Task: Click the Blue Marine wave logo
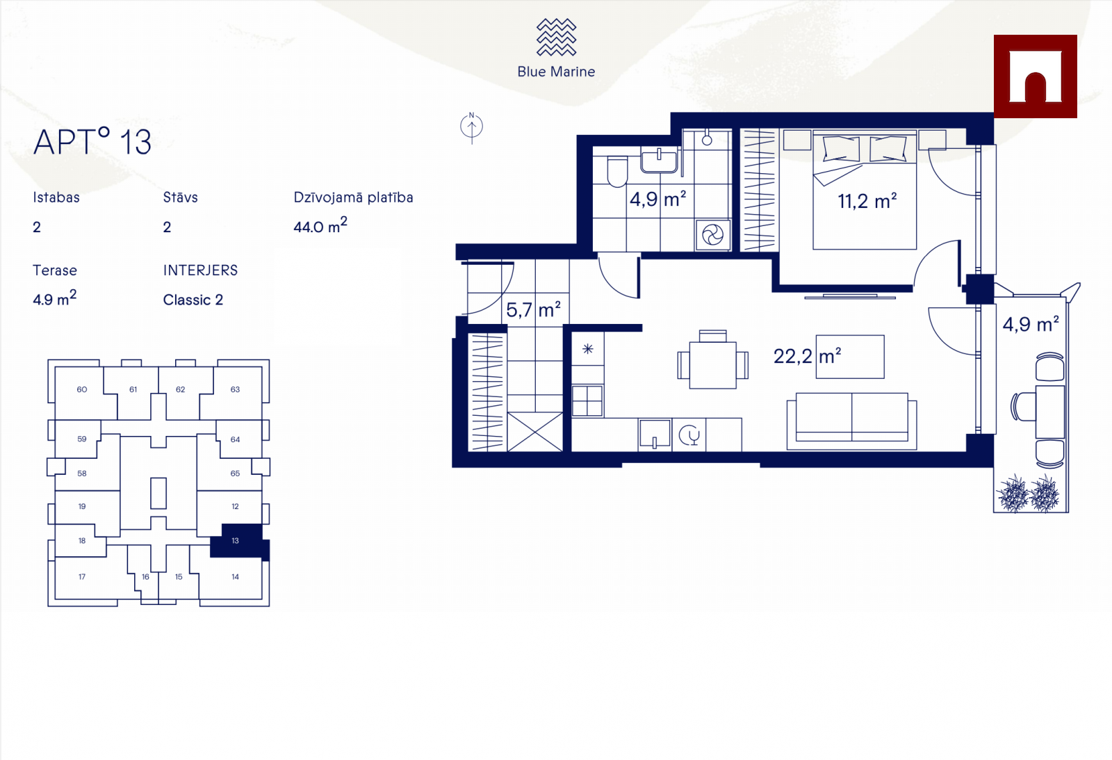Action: (x=556, y=37)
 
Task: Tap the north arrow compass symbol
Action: (x=472, y=128)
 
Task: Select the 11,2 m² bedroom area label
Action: (x=867, y=201)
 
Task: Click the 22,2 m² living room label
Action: (x=807, y=356)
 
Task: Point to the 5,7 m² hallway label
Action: (x=533, y=309)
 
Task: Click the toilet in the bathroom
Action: (x=617, y=172)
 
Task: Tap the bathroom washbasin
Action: (x=660, y=160)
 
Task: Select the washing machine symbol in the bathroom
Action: (x=713, y=235)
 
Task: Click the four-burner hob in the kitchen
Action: (x=587, y=401)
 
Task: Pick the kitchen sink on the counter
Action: (x=654, y=435)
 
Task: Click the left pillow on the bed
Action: (x=840, y=149)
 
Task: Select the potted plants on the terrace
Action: (x=1029, y=494)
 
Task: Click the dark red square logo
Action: (x=1036, y=76)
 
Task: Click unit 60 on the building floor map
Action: (x=82, y=389)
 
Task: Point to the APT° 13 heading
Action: (x=92, y=142)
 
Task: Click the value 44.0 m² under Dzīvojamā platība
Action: (x=320, y=226)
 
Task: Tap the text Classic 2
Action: (x=193, y=300)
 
